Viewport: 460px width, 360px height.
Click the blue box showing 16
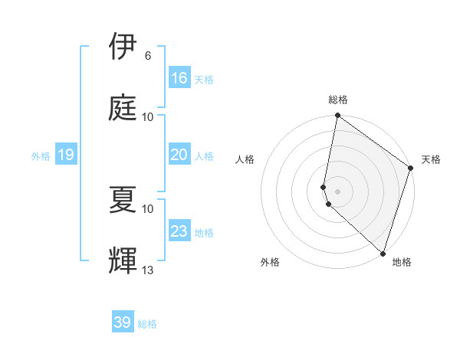(x=179, y=78)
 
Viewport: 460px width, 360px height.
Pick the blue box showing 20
(x=179, y=155)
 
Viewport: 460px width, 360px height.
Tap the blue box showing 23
(x=179, y=231)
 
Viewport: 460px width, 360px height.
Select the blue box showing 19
(x=65, y=155)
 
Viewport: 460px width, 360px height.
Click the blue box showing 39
(x=123, y=322)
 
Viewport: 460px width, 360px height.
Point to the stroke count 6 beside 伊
(x=147, y=56)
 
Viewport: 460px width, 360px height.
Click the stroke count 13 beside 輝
(x=148, y=270)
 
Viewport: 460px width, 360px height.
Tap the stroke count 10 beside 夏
(x=148, y=208)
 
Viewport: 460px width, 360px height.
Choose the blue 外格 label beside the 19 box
(x=41, y=156)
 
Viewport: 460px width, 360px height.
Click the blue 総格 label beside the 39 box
(x=147, y=324)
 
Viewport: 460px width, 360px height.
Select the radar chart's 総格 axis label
(x=338, y=100)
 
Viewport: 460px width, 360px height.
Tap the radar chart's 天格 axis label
(x=431, y=159)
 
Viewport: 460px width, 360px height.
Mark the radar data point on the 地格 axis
(x=383, y=253)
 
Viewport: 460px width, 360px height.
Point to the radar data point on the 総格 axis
(x=337, y=116)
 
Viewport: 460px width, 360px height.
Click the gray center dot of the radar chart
(x=337, y=191)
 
